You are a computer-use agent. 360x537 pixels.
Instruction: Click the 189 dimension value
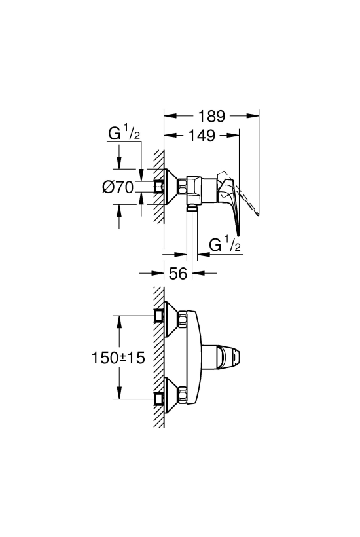click(x=212, y=117)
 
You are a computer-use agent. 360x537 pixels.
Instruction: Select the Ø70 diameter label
click(x=118, y=187)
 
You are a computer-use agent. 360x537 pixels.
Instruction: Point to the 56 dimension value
click(x=178, y=273)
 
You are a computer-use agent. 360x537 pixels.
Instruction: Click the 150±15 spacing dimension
click(x=118, y=358)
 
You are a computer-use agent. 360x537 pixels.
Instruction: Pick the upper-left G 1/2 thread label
click(x=124, y=133)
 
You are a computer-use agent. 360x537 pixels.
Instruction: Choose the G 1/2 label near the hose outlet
click(x=225, y=245)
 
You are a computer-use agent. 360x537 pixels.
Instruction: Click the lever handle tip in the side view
click(x=239, y=234)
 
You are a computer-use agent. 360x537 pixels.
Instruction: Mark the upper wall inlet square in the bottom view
click(x=159, y=316)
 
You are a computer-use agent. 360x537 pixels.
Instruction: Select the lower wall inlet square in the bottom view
click(x=159, y=399)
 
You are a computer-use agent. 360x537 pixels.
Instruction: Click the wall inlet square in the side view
click(x=159, y=187)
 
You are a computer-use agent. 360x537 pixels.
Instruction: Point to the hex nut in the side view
click(x=182, y=187)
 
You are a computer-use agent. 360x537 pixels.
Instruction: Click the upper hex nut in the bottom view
click(x=182, y=319)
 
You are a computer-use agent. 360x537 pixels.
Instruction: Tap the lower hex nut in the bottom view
click(x=182, y=395)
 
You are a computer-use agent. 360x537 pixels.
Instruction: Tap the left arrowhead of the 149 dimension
click(x=170, y=136)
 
